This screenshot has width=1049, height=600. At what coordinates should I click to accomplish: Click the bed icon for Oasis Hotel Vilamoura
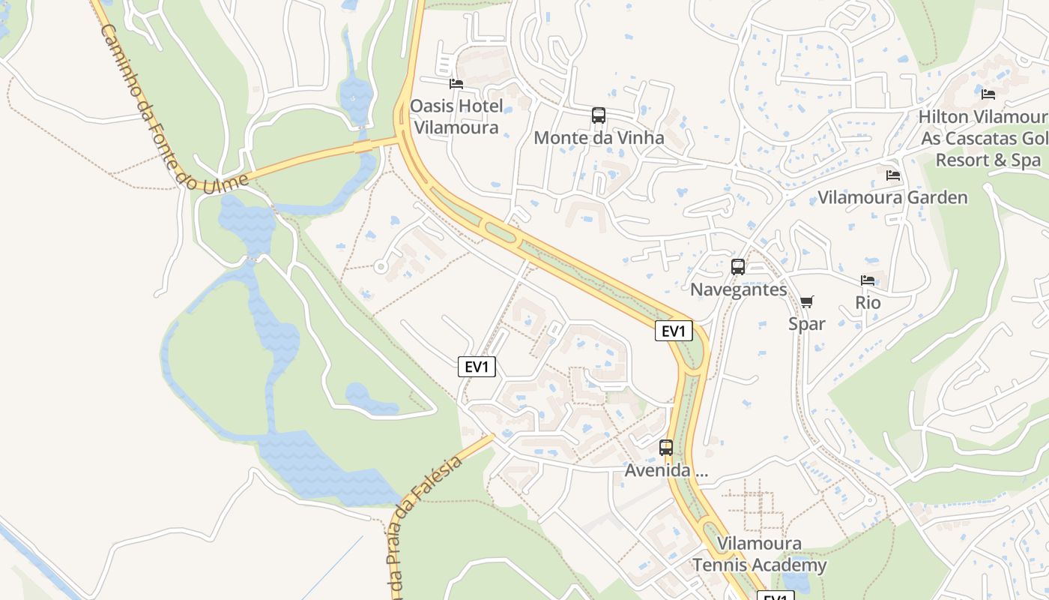[x=456, y=83]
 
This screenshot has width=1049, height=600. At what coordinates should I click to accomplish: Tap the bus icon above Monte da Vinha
[x=599, y=115]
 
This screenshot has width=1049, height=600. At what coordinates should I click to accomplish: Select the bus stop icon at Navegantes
[x=738, y=266]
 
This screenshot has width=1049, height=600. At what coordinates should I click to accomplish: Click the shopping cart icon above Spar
[x=806, y=301]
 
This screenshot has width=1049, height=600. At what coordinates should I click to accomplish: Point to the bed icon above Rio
[x=868, y=280]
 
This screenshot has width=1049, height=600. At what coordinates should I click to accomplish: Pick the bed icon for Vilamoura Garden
[x=892, y=175]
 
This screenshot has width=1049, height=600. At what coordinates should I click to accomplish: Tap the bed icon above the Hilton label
[x=988, y=94]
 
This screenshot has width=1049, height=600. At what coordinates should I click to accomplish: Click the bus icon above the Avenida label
[x=666, y=448]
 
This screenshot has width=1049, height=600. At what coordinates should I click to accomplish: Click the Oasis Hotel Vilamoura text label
[x=456, y=117]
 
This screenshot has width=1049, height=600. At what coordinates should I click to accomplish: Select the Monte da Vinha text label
[x=599, y=138]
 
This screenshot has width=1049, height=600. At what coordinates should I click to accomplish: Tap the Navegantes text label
[x=738, y=289]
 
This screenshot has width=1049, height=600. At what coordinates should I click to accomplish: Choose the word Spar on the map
[x=806, y=324]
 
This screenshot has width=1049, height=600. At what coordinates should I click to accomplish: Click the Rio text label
[x=868, y=303]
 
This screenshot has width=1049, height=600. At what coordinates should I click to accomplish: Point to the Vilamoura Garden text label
[x=892, y=198]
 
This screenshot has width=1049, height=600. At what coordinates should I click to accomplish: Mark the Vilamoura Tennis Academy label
[x=759, y=554]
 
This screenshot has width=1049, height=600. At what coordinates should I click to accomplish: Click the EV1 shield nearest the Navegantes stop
[x=674, y=331]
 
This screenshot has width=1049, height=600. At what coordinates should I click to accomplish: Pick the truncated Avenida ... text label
[x=666, y=472]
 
